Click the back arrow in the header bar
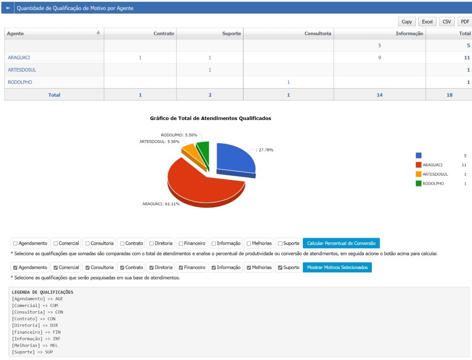point(8,8)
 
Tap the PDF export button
point(465,22)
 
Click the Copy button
point(406,22)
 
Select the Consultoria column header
point(317,33)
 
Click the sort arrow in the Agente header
point(98,33)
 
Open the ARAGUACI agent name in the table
point(19,58)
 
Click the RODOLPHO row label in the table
point(20,82)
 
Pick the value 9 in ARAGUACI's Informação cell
point(380,58)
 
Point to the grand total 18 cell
point(450,95)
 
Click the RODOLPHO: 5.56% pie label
point(179,135)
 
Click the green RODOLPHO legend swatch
point(419,183)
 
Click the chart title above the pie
point(210,119)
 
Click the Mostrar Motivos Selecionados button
point(337,267)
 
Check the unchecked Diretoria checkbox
point(151,243)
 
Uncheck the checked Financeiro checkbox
point(181,268)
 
